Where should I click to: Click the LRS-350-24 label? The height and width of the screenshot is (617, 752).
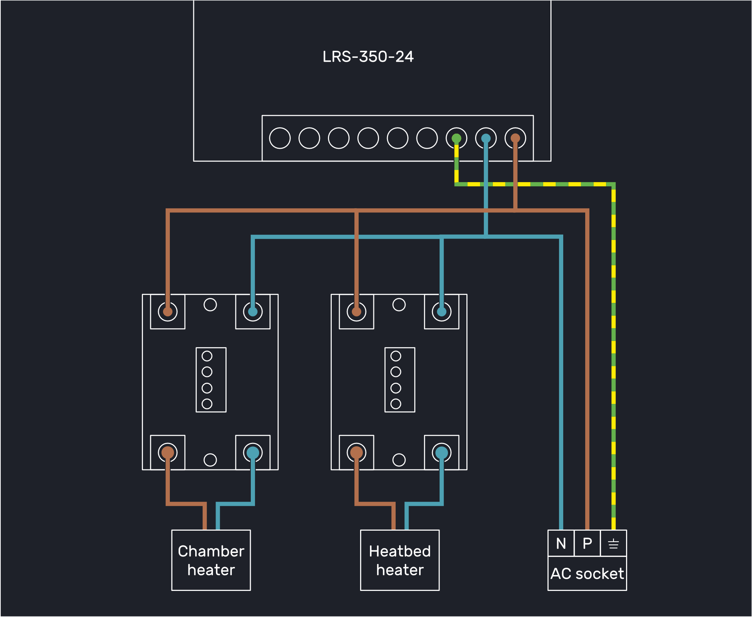click(x=368, y=57)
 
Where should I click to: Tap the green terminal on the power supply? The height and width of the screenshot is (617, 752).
click(x=457, y=138)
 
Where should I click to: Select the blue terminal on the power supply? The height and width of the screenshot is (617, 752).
click(x=486, y=138)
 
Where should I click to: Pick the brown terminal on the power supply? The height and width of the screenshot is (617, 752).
click(x=515, y=138)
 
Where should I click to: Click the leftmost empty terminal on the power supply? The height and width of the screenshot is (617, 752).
click(x=280, y=138)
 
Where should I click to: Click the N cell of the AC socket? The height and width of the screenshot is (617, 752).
click(x=561, y=543)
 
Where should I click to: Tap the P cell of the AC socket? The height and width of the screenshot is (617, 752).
click(x=587, y=543)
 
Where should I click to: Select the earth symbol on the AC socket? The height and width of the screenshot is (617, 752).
click(x=614, y=544)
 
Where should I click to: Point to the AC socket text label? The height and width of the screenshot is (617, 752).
click(x=587, y=573)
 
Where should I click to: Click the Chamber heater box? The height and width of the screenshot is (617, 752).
click(x=211, y=560)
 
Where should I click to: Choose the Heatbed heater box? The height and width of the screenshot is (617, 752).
click(x=400, y=560)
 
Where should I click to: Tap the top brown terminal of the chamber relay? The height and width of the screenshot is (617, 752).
click(x=168, y=312)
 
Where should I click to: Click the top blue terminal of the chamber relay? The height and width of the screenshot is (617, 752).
click(x=253, y=312)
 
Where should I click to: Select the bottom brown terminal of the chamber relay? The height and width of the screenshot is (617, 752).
click(x=168, y=452)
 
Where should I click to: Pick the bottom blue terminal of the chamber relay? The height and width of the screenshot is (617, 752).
click(x=253, y=452)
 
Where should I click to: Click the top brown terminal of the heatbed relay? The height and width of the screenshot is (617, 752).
click(x=356, y=312)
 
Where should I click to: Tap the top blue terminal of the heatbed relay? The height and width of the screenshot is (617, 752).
click(x=441, y=312)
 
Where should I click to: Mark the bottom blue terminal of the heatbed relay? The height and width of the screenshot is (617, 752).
click(x=441, y=452)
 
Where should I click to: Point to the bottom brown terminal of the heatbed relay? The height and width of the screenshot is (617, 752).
click(x=356, y=452)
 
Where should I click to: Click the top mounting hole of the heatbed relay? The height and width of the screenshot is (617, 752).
click(x=399, y=305)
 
